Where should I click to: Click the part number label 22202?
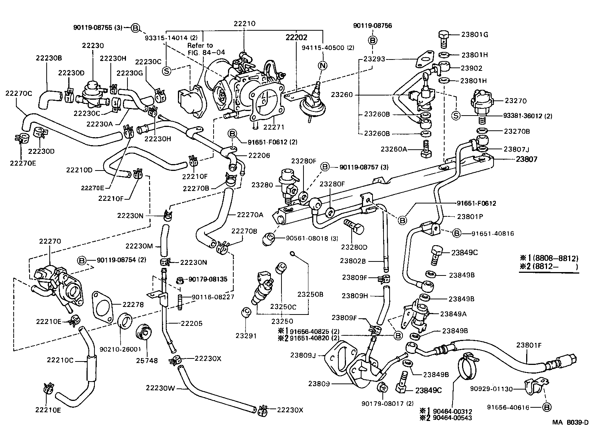click(x=296, y=38)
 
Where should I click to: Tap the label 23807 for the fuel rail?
click(x=527, y=160)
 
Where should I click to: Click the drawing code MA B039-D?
click(x=570, y=423)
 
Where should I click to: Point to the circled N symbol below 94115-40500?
click(x=322, y=66)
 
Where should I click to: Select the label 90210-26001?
click(x=120, y=349)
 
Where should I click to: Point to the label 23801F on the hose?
click(x=528, y=345)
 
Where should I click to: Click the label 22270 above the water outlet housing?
click(x=50, y=241)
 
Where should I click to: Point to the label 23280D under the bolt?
click(x=354, y=247)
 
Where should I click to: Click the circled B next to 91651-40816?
click(x=457, y=233)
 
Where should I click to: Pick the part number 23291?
click(x=245, y=335)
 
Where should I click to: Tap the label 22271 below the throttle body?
click(x=274, y=127)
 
